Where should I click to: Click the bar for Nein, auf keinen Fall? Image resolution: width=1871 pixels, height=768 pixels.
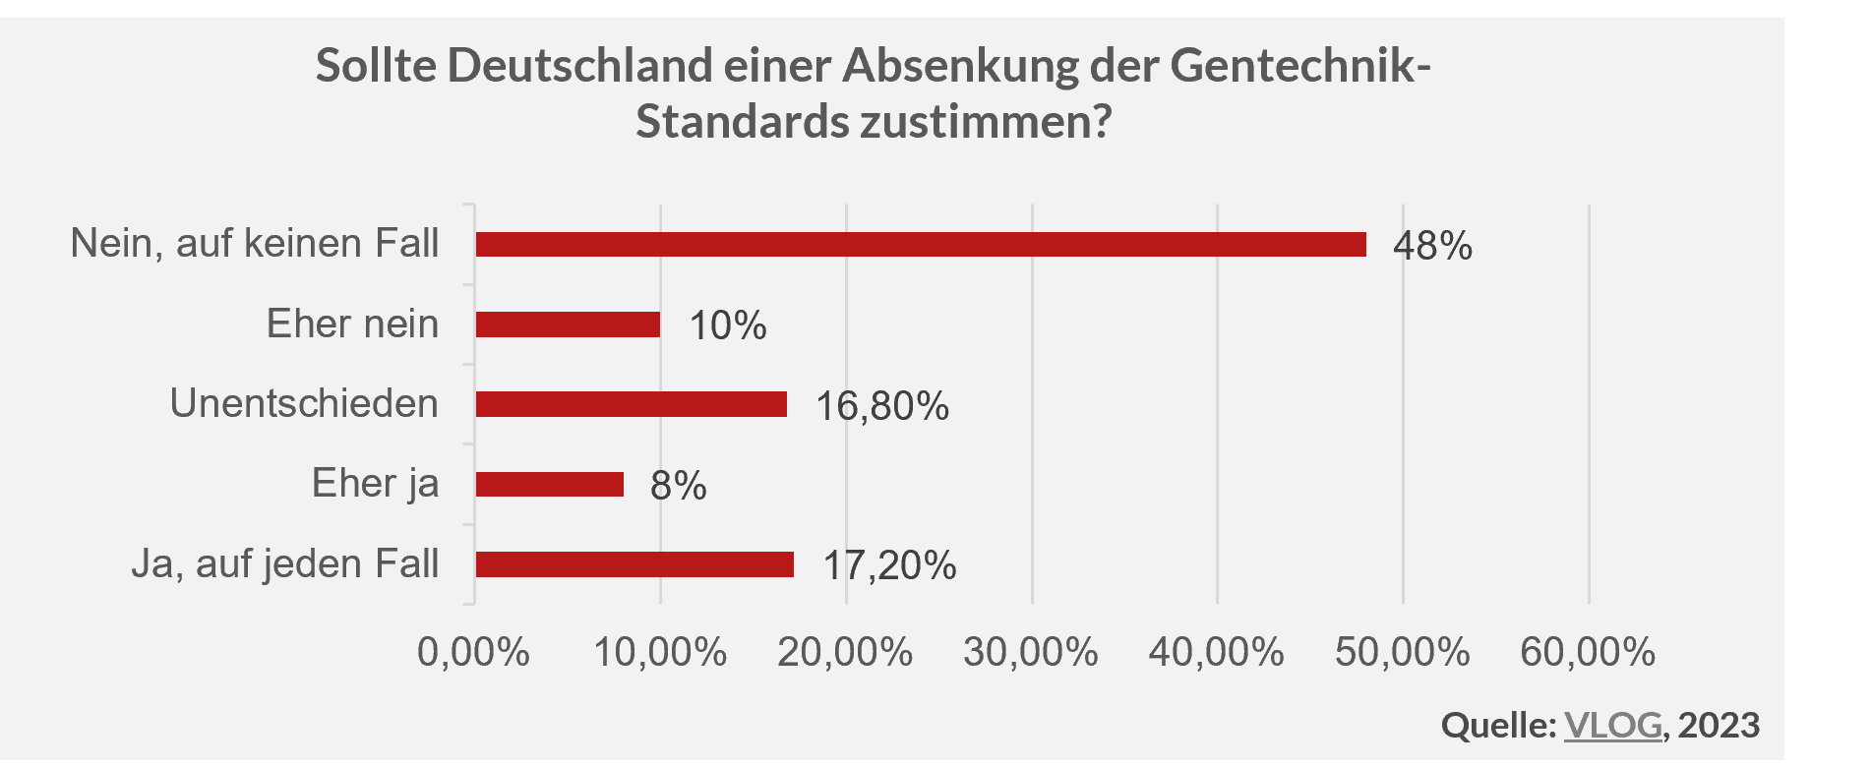[x=920, y=244]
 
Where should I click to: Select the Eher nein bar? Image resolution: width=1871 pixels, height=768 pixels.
[x=568, y=325]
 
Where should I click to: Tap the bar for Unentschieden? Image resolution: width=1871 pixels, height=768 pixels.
[x=631, y=404]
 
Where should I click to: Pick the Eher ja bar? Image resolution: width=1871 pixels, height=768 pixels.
[x=549, y=484]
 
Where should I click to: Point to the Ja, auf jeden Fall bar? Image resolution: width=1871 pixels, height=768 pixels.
[x=634, y=564]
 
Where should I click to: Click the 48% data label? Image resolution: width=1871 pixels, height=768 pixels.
[x=1432, y=246]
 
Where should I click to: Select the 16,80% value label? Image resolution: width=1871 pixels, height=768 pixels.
[x=882, y=406]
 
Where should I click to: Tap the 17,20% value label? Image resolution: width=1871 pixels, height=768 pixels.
[x=889, y=566]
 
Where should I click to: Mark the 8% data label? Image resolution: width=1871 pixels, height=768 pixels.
[x=678, y=486]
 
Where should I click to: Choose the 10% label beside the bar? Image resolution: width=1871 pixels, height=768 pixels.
[x=728, y=326]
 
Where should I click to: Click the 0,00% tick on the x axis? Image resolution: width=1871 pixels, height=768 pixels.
[x=473, y=652]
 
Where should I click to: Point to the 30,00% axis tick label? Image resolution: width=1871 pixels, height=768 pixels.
[x=1030, y=652]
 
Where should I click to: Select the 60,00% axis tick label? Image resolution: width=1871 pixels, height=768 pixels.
[x=1588, y=652]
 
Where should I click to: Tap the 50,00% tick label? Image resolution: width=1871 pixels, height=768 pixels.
[x=1402, y=652]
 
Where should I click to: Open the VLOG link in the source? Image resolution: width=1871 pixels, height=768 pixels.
[x=1612, y=725]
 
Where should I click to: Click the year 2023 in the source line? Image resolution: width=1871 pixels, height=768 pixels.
[x=1719, y=725]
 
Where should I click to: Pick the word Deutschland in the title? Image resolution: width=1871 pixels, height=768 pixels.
[x=579, y=66]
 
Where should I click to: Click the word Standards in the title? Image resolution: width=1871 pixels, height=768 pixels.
[x=743, y=122]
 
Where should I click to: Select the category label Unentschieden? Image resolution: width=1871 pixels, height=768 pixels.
[x=304, y=403]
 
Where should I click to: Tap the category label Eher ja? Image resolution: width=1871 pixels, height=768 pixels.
[x=375, y=484]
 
